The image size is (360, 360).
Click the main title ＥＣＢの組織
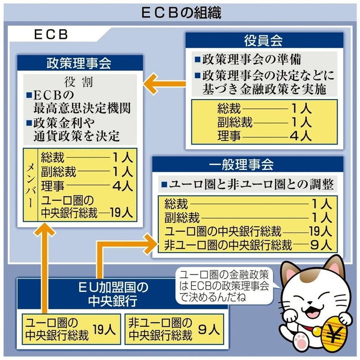[179, 12]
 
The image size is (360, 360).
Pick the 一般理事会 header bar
[249, 165]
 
